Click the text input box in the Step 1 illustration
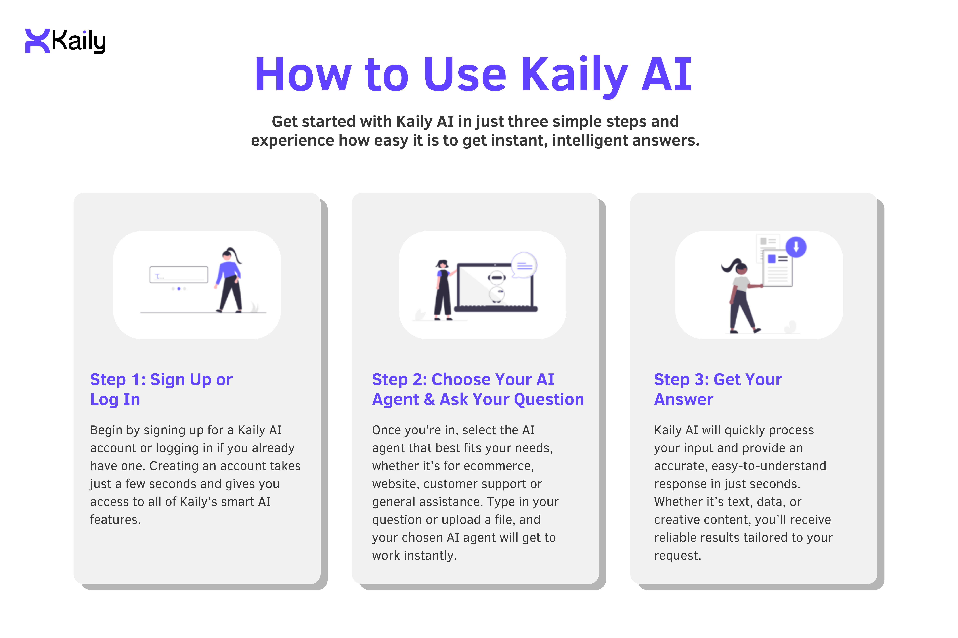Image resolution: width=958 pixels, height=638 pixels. coord(179,275)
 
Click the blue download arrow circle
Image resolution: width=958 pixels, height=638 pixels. coord(796,247)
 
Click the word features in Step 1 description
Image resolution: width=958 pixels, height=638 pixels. coord(115,520)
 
